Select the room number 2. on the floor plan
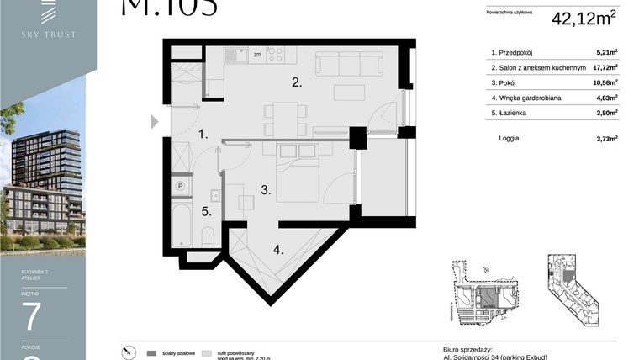point(296,82)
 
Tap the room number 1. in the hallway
point(203,134)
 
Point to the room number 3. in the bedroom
point(266,191)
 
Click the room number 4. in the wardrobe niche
point(278,249)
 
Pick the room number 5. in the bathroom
point(205,212)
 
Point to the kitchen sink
point(238,56)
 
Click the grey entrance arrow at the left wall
point(154,122)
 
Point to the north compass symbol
point(126,351)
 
